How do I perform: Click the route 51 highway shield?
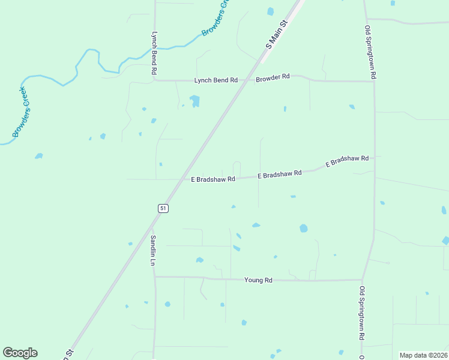tap(163, 208)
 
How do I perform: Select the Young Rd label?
tap(259, 280)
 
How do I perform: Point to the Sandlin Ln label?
tap(153, 250)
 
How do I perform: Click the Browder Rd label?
tap(273, 77)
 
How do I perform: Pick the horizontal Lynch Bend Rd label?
tap(216, 80)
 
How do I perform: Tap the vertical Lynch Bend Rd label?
tap(154, 53)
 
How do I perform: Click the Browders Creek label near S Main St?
tap(216, 18)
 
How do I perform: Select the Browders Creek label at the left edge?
tap(21, 112)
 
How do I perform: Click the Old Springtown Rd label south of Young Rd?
tap(362, 313)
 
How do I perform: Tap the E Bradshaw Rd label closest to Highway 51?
tap(212, 179)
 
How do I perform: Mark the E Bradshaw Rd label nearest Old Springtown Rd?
tap(347, 161)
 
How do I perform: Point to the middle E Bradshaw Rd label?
tap(279, 174)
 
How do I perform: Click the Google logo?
tap(20, 353)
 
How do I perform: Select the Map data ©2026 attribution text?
tap(423, 355)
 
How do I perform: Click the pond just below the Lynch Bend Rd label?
tap(194, 100)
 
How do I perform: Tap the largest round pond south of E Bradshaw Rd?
tap(303, 228)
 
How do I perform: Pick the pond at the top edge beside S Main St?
tap(270, 11)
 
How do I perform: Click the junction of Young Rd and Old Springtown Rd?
tap(362, 280)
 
